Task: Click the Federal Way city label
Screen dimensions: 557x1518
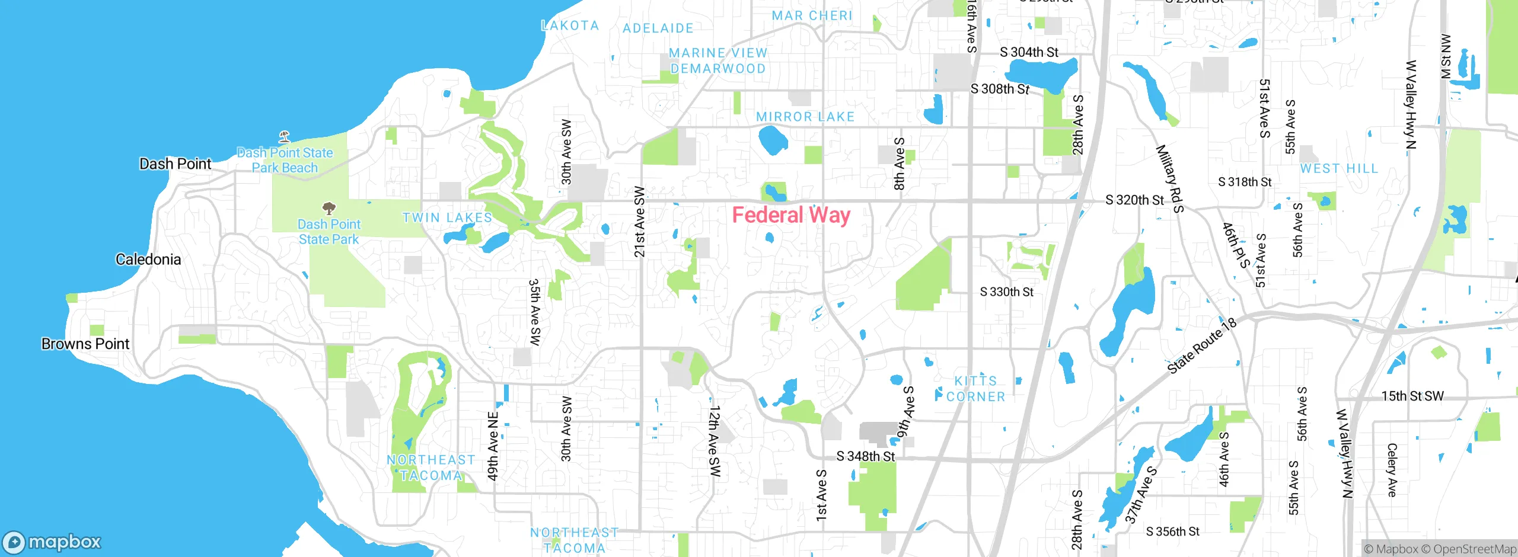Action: click(x=791, y=215)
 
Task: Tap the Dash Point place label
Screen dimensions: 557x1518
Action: click(x=175, y=164)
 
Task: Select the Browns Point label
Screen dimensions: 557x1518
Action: click(x=85, y=344)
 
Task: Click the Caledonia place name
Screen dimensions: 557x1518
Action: click(x=148, y=260)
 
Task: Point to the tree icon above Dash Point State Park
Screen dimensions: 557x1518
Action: click(x=329, y=209)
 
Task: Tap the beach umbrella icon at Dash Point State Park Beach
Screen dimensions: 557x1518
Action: click(x=285, y=137)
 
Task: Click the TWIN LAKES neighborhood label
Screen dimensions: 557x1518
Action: click(x=447, y=218)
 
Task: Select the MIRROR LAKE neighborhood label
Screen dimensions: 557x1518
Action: click(x=805, y=117)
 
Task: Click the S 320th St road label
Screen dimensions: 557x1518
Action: click(x=1134, y=200)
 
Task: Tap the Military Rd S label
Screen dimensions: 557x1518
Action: click(x=1169, y=178)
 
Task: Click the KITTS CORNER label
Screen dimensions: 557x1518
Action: click(x=975, y=389)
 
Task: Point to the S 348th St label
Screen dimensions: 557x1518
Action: click(x=865, y=456)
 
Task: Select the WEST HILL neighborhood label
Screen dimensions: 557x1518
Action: click(x=1339, y=169)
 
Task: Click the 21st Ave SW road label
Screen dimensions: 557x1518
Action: click(x=639, y=222)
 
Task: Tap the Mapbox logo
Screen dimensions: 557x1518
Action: click(x=52, y=542)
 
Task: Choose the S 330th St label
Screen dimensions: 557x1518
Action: click(x=1006, y=292)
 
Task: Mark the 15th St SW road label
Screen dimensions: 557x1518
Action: click(x=1412, y=396)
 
